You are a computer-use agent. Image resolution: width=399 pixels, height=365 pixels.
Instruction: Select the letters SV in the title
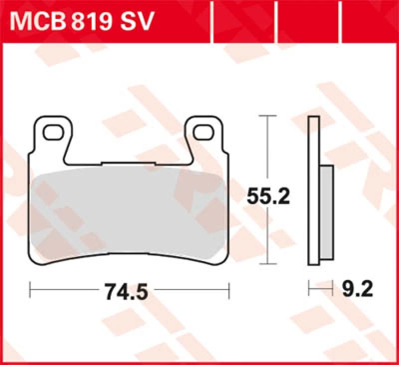[x=136, y=22]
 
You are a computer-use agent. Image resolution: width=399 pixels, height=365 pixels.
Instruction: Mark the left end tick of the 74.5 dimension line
[x=30, y=288]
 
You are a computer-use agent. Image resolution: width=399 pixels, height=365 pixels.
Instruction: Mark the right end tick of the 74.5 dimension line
[x=229, y=288]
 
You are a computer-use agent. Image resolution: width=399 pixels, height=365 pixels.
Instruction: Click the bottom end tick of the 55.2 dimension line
[x=269, y=263]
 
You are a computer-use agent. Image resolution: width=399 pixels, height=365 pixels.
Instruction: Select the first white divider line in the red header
[x=213, y=21]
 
